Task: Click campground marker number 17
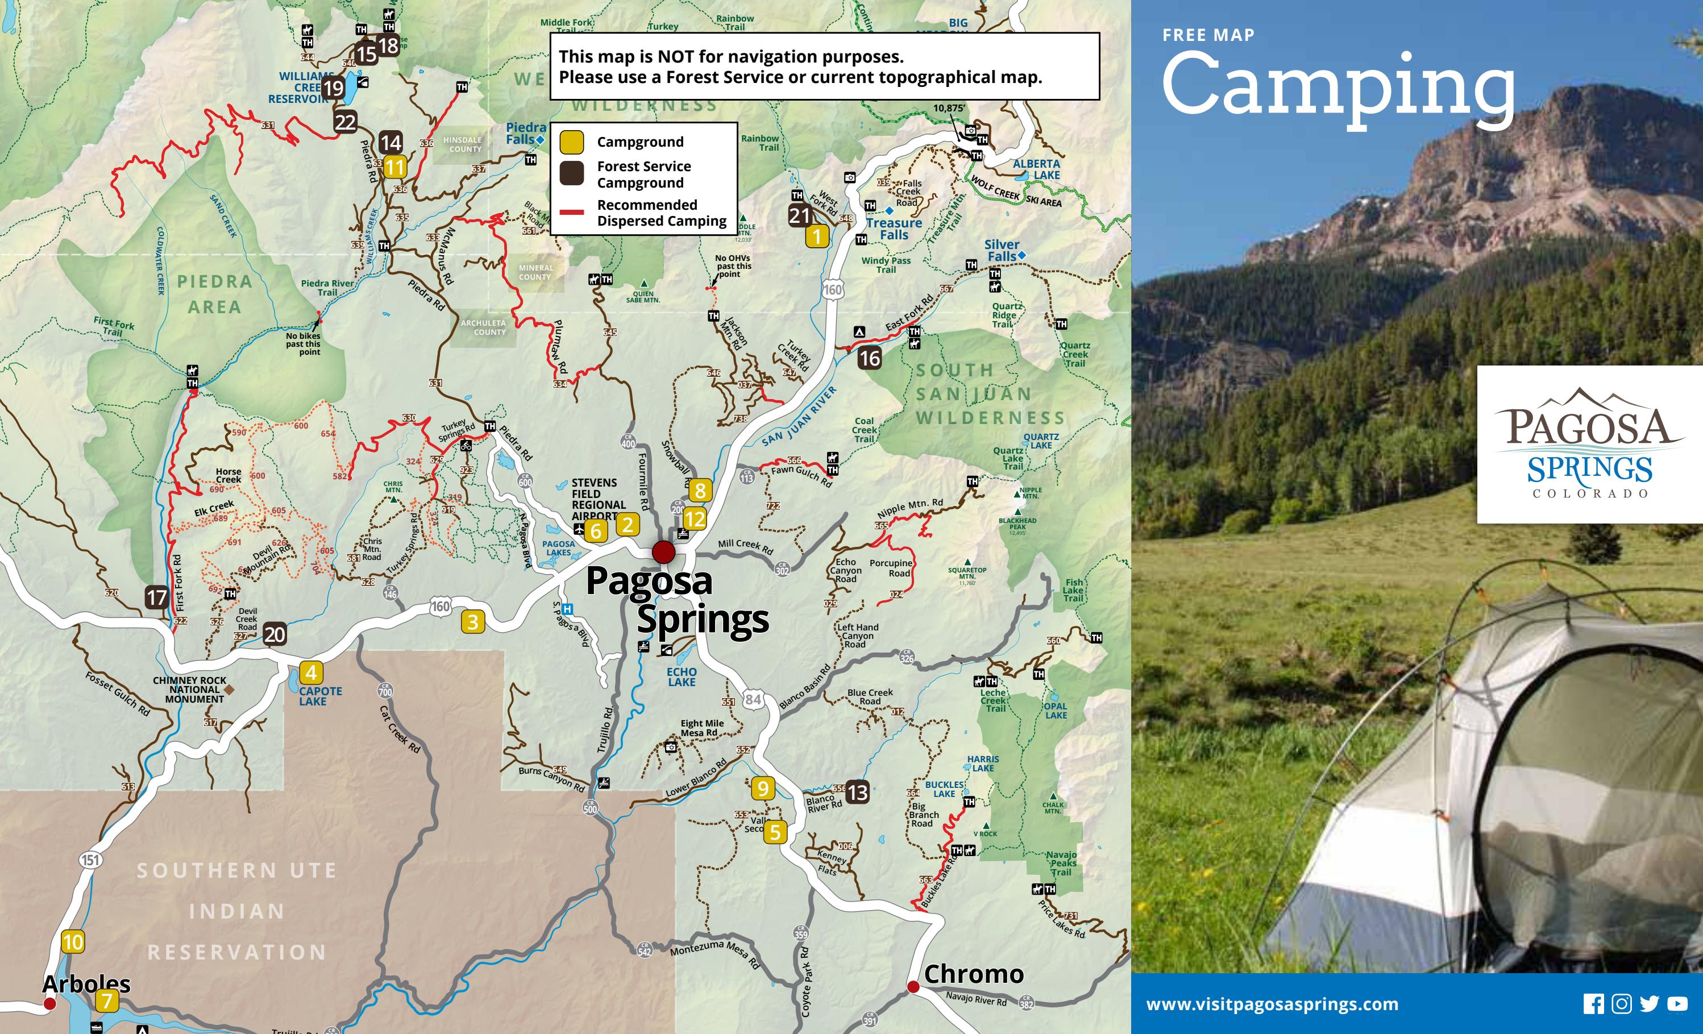point(157,597)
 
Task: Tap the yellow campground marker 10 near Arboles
point(73,942)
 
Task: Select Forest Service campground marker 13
point(858,792)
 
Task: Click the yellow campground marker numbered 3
point(473,622)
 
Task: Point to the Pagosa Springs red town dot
point(663,551)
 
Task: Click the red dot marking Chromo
point(913,987)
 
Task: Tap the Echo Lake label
point(682,676)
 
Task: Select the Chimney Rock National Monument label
point(189,690)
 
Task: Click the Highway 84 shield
point(753,699)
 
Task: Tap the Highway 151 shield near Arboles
point(90,860)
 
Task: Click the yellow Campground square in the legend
point(572,142)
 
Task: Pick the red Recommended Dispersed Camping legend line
point(572,212)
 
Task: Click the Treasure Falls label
point(894,229)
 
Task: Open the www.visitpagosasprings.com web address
point(1272,1004)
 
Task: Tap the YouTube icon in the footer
point(1677,1004)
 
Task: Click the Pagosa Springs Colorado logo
point(1590,444)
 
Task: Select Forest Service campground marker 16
point(870,358)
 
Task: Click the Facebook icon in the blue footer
point(1593,1004)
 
